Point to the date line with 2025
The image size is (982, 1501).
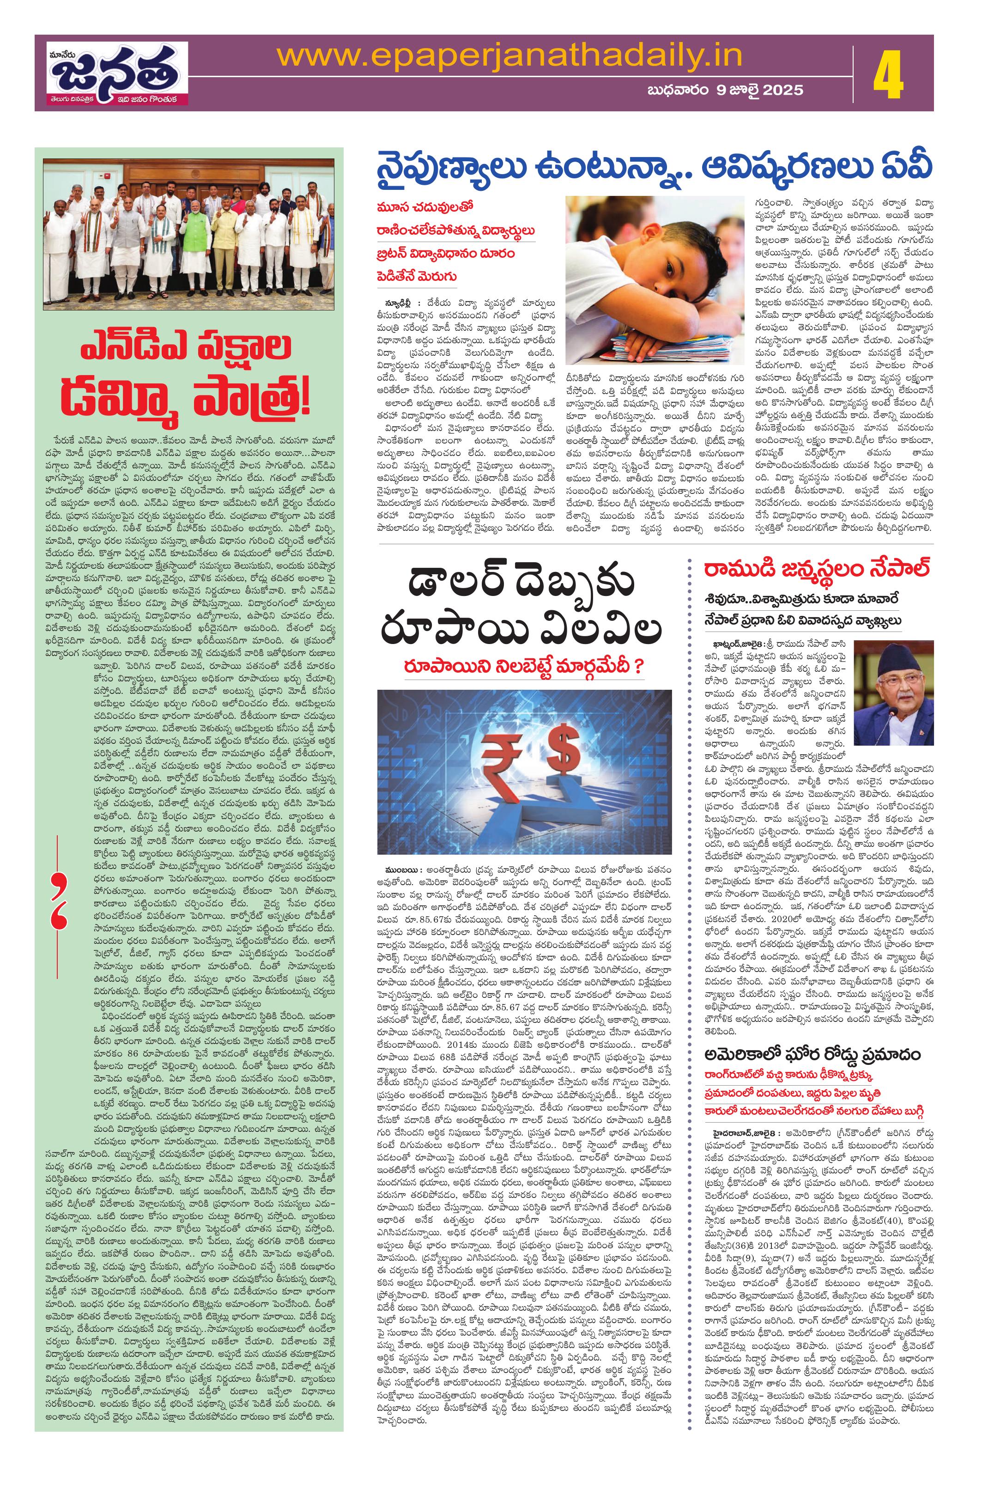coord(725,90)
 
